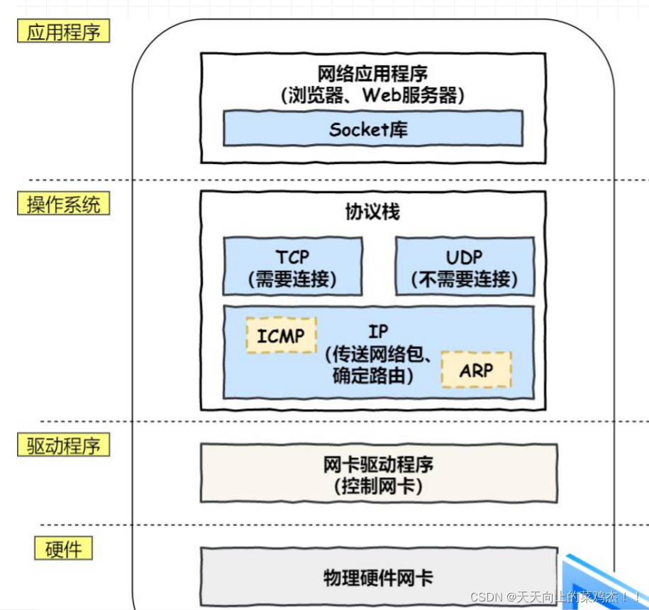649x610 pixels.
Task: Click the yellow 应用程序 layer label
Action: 64,32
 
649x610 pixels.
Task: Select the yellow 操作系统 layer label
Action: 64,204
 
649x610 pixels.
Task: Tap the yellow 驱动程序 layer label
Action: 64,446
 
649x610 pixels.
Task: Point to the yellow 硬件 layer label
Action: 63,548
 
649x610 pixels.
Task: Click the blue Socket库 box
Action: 373,129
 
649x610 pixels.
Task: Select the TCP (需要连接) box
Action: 292,266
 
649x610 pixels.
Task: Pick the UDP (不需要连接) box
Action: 464,266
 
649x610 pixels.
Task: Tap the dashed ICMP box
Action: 281,335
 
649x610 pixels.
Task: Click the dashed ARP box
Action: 476,370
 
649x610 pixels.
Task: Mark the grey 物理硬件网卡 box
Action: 378,577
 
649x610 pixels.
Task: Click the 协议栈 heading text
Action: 373,212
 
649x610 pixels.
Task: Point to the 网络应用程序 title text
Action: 373,73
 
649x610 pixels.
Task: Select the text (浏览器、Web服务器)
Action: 373,95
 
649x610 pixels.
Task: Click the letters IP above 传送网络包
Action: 378,332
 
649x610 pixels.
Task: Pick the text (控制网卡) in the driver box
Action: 378,486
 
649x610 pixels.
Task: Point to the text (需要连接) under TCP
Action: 292,278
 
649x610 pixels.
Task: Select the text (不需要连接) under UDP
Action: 464,278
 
